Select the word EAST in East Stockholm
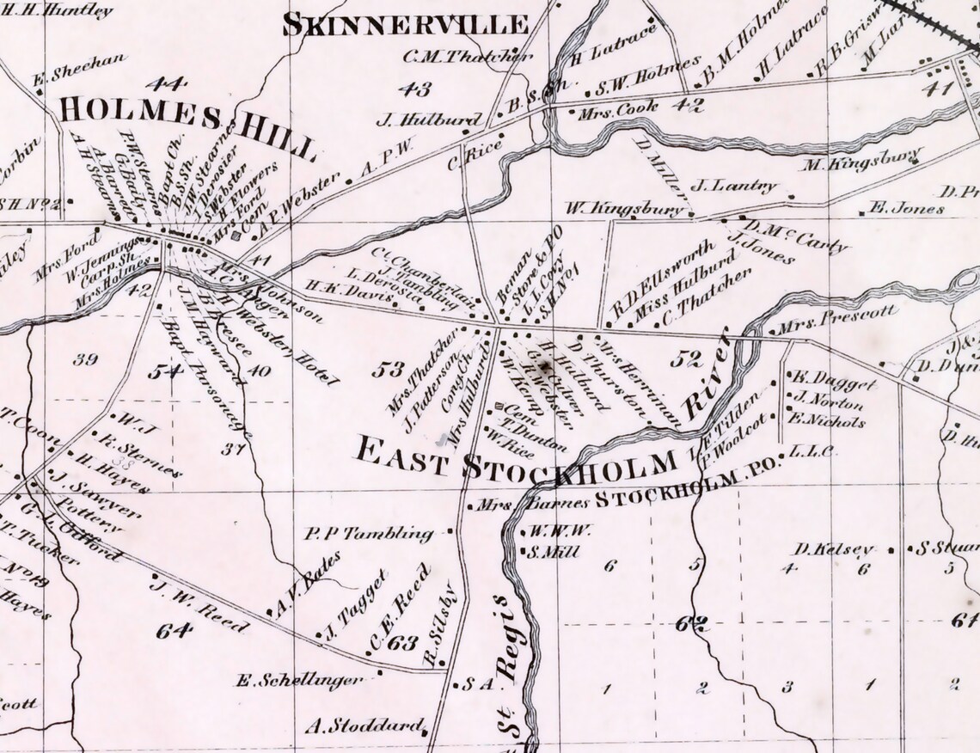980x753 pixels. click(401, 453)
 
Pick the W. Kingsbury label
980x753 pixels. click(627, 207)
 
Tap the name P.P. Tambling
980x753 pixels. click(369, 534)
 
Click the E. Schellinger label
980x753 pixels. click(298, 680)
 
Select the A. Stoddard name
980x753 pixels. click(365, 724)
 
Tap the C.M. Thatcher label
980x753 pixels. click(468, 57)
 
